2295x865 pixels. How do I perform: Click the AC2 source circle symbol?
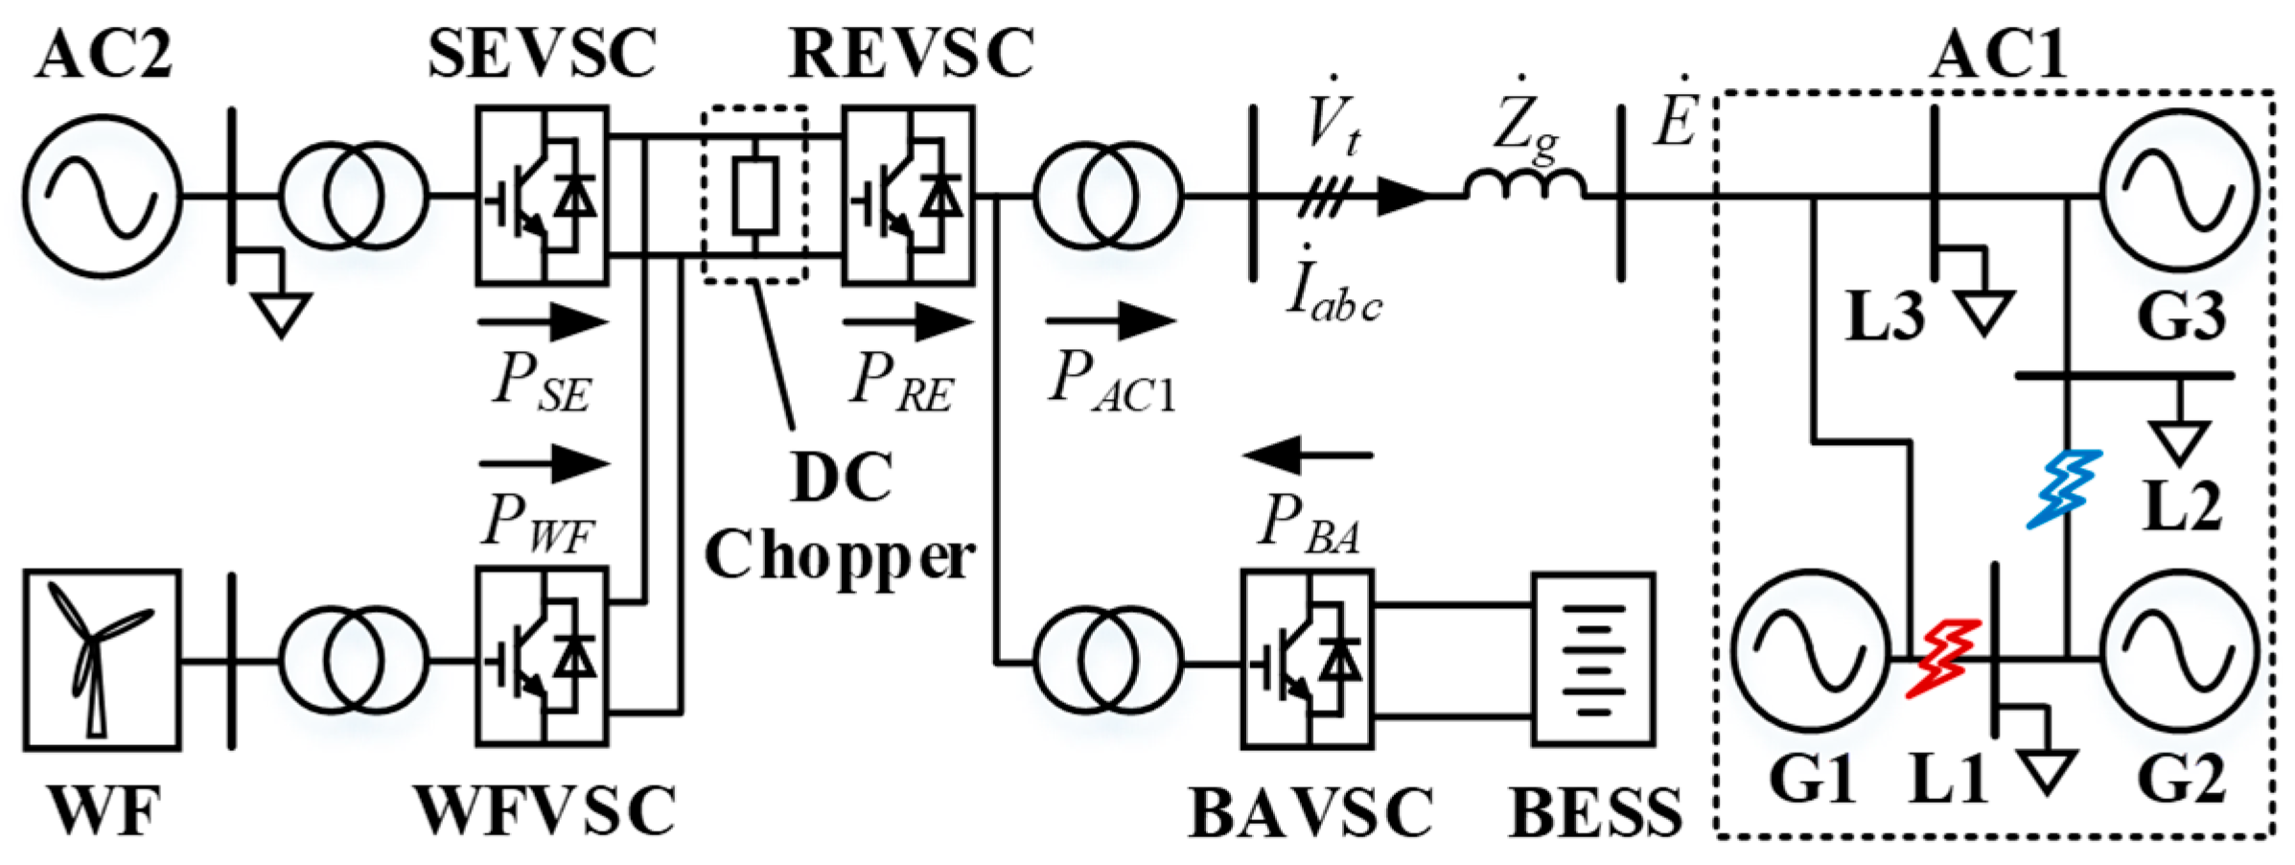(x=102, y=197)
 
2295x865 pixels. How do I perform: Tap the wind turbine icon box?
(x=102, y=660)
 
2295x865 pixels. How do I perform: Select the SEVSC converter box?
(x=543, y=196)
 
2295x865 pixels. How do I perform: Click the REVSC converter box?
(x=908, y=196)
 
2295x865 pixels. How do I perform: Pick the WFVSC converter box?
(x=543, y=657)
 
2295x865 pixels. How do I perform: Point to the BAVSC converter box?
(x=1307, y=659)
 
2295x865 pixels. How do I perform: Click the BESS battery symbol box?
(x=1593, y=660)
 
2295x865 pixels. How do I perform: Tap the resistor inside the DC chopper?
(x=755, y=197)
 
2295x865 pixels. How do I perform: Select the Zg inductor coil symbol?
(x=1524, y=184)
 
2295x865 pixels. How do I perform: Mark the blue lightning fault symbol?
(x=2064, y=489)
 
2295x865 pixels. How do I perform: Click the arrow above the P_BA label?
(x=1308, y=455)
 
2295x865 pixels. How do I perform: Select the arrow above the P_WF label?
(x=544, y=463)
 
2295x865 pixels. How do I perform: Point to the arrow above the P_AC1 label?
(x=1111, y=320)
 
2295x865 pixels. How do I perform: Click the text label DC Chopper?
(x=840, y=518)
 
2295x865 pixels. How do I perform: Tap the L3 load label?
(x=1885, y=317)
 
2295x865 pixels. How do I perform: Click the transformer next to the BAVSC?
(x=1108, y=661)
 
